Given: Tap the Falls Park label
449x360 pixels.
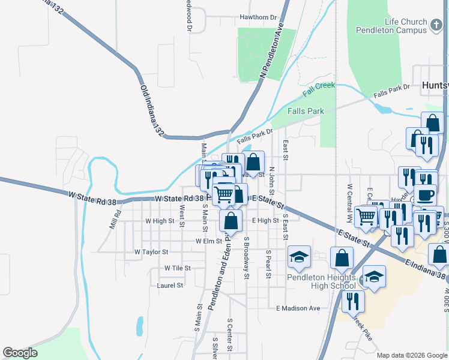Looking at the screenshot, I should click(306, 111).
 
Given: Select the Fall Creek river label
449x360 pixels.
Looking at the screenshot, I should click(319, 89).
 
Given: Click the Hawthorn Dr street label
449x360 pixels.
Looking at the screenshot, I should click(259, 18).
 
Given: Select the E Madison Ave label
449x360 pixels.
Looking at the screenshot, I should click(298, 308).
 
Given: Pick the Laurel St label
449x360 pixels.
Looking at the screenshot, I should click(169, 286).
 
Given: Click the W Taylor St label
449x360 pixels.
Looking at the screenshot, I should click(151, 252).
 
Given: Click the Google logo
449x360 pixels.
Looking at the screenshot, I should click(20, 353).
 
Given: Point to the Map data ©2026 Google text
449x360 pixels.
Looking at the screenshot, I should click(412, 355).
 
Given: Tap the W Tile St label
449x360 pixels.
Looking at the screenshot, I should click(177, 268).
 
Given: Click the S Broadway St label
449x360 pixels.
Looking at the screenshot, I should click(246, 257).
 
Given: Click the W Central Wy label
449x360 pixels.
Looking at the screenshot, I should click(349, 193).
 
